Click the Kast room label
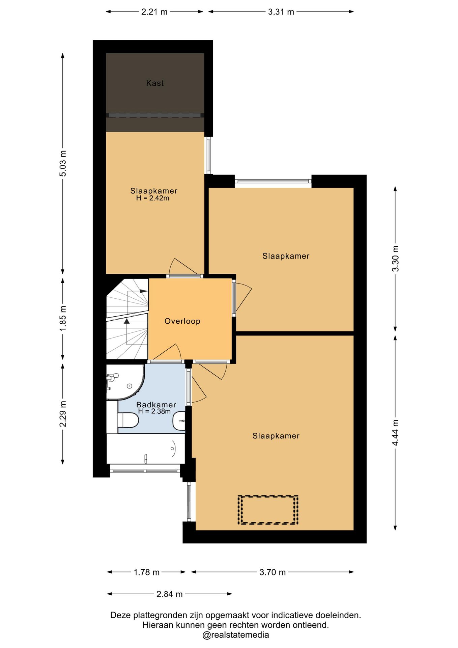tap(155, 83)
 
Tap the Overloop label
tap(182, 321)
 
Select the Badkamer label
tap(156, 405)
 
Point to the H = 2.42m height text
tap(152, 198)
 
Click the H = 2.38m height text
tap(154, 411)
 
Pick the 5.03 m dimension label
tap(63, 163)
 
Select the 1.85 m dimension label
tap(63, 318)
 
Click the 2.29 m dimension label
tap(63, 414)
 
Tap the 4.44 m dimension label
tap(395, 432)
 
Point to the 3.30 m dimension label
tap(395, 259)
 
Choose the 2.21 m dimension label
tap(154, 12)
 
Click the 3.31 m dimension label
tap(281, 12)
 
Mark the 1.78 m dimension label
tap(147, 572)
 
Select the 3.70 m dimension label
tap(273, 572)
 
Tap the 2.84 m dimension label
tap(169, 594)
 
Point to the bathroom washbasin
tap(179, 421)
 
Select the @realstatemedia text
tap(235, 635)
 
